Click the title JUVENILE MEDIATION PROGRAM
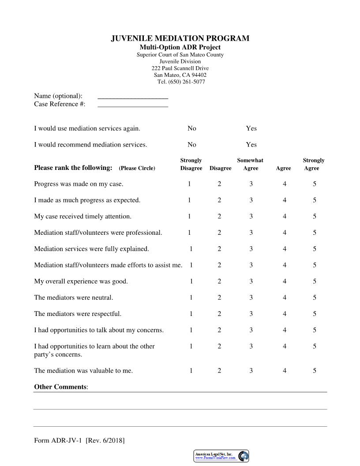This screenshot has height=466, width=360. coord(180,39)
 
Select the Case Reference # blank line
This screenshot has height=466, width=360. coord(132,105)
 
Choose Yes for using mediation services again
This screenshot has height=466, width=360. coord(251,128)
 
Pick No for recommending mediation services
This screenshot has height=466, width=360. coord(191,145)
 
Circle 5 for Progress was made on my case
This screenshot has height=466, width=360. coord(315,184)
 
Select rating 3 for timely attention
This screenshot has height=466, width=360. coord(251,217)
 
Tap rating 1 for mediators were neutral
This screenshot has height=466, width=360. coord(191,298)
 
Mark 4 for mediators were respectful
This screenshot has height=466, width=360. coord(285,314)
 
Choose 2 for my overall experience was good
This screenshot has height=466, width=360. coord(219,282)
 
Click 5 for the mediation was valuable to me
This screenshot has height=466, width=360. coord(315,371)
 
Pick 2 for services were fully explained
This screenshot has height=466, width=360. coord(219,249)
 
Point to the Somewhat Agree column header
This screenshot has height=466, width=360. coord(251,164)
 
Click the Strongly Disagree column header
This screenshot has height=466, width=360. coord(191,164)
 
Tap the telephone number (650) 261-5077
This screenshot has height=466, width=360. coord(181,82)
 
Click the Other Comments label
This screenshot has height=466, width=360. coord(60,387)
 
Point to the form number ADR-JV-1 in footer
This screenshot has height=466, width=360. coord(65,440)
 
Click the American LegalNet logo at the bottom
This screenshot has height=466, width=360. coord(221,456)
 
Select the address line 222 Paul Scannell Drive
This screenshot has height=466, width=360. coord(180,68)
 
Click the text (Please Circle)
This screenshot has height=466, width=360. coord(137,168)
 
